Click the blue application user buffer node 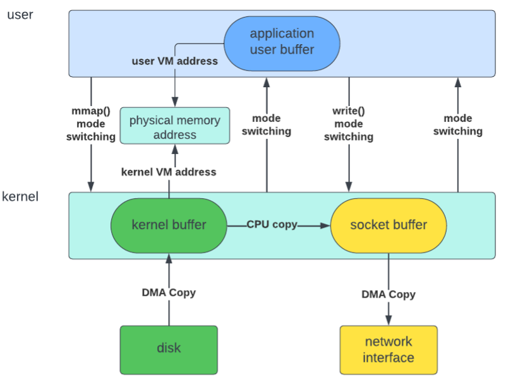[x=282, y=42]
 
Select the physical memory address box [x=175, y=127]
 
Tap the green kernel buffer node [x=169, y=225]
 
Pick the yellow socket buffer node [x=388, y=225]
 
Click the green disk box [x=169, y=348]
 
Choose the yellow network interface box [x=389, y=350]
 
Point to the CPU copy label [x=272, y=225]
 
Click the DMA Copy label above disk [x=169, y=293]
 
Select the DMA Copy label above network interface [x=389, y=295]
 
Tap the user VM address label [x=174, y=61]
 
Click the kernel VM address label [x=169, y=172]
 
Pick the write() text [x=349, y=112]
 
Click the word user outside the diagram [x=20, y=15]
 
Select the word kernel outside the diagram [x=20, y=196]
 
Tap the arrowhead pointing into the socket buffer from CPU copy [x=326, y=225]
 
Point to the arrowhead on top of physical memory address [x=175, y=102]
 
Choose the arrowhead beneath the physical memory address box [x=175, y=149]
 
